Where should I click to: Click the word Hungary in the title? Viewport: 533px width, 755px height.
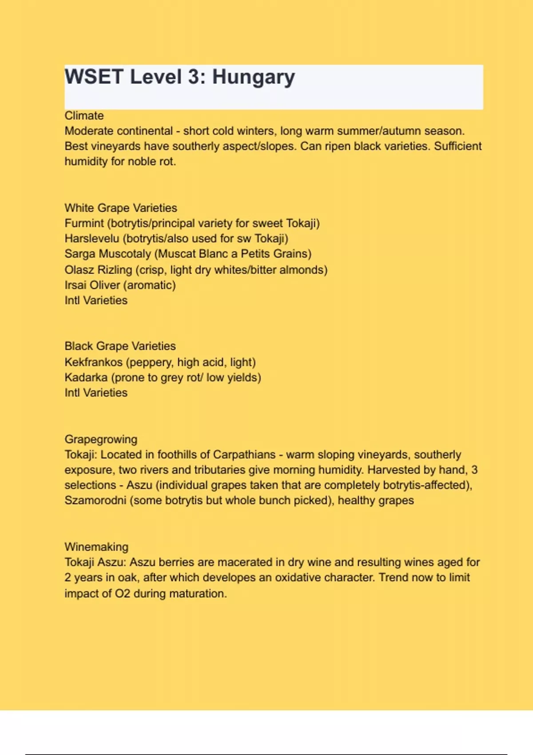pos(253,77)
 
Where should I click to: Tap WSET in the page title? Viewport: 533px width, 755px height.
pos(94,76)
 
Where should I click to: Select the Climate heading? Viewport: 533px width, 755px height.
pos(84,116)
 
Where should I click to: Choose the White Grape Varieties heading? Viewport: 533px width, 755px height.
pos(121,208)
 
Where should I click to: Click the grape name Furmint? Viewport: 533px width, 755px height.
pos(84,223)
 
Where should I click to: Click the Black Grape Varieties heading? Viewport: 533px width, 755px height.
pos(120,346)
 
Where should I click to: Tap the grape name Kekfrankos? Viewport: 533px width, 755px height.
pos(93,362)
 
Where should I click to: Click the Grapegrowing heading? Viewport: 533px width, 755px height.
pos(101,439)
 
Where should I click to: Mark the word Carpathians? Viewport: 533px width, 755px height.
pos(244,455)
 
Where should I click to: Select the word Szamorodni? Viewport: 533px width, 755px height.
pos(95,501)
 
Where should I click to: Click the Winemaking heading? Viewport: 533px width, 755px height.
pos(96,547)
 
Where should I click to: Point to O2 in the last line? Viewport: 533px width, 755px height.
pos(123,594)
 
